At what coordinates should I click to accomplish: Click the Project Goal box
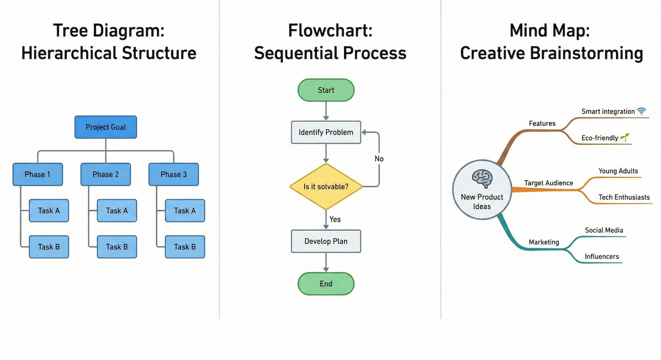(105, 127)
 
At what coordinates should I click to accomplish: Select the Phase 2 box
(105, 174)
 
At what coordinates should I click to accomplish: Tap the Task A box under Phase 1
(49, 210)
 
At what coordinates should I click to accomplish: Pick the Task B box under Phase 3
(185, 247)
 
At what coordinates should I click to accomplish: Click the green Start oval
(326, 90)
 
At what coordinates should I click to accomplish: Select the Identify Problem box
(326, 132)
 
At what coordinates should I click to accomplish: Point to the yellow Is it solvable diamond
(326, 187)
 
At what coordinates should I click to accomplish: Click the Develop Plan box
(326, 241)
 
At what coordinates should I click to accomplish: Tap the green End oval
(326, 284)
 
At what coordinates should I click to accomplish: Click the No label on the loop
(379, 159)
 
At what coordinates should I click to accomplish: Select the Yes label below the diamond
(335, 219)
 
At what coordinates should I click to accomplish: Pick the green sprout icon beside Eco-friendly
(625, 137)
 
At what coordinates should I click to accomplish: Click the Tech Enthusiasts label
(624, 197)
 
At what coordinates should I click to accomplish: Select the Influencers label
(602, 256)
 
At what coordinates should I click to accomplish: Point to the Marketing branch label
(544, 242)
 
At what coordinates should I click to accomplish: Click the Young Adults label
(618, 171)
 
